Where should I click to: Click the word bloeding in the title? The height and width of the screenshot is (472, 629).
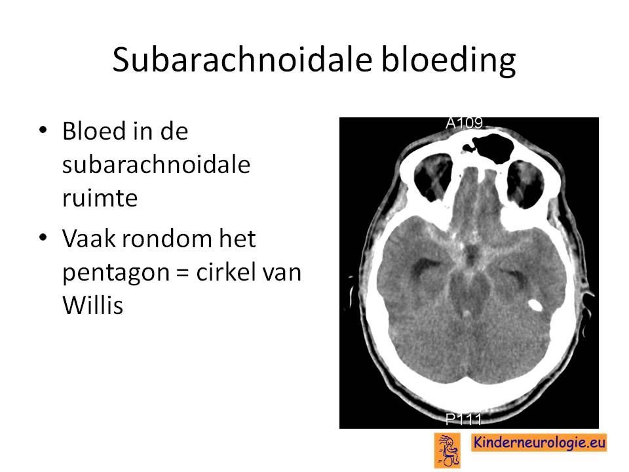click(x=448, y=60)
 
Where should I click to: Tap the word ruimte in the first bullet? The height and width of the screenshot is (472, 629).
click(x=100, y=197)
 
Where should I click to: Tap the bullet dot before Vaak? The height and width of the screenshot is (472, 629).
click(x=43, y=237)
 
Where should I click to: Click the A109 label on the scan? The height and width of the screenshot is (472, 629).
click(x=464, y=123)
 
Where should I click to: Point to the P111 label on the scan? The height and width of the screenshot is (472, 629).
click(x=464, y=420)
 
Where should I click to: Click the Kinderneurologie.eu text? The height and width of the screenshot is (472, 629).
click(x=539, y=442)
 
